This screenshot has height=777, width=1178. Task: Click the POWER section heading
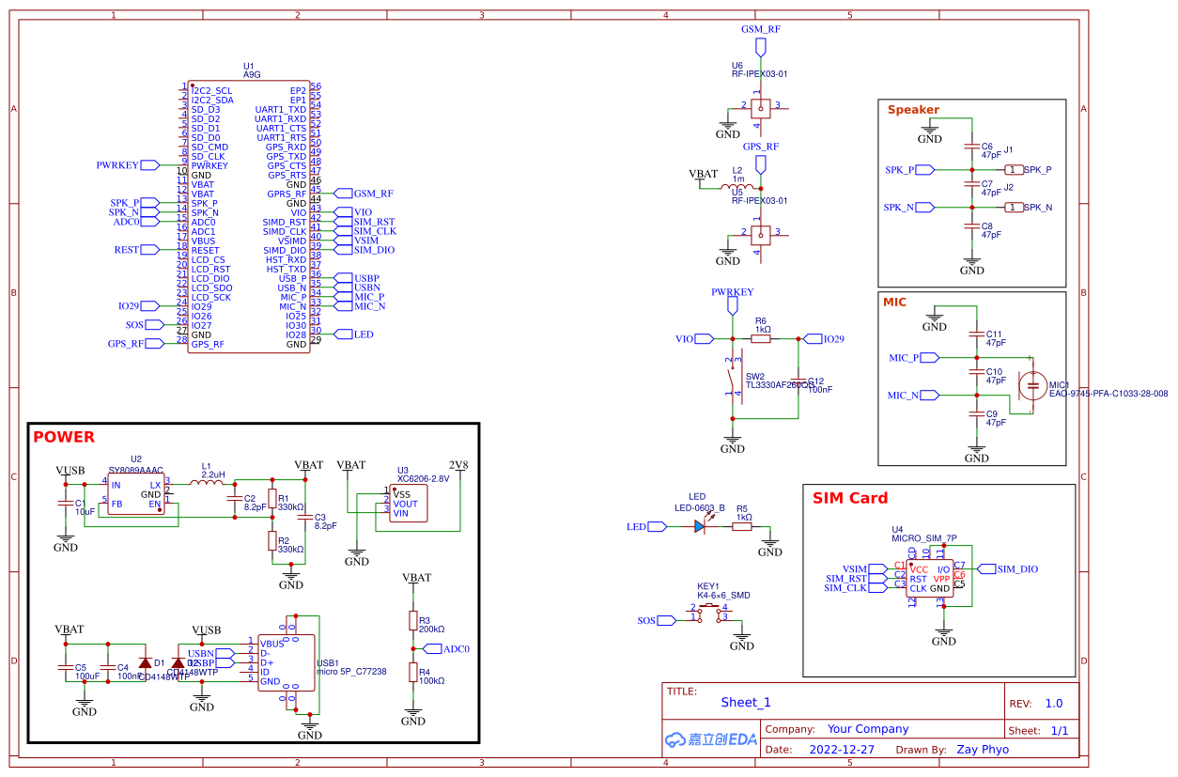64,437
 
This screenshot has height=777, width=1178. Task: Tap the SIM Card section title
849,498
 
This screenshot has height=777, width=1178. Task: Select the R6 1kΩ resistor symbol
761,338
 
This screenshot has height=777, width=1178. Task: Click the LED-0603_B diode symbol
701,527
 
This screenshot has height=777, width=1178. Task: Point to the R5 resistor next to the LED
742,527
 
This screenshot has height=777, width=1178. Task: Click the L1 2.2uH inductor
206,483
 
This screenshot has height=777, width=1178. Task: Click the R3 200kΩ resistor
412,620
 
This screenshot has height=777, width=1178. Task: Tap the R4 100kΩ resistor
412,672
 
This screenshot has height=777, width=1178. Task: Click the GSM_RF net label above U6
760,29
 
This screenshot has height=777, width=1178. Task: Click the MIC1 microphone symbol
1034,384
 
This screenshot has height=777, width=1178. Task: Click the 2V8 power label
458,464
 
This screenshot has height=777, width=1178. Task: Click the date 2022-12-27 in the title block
841,750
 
